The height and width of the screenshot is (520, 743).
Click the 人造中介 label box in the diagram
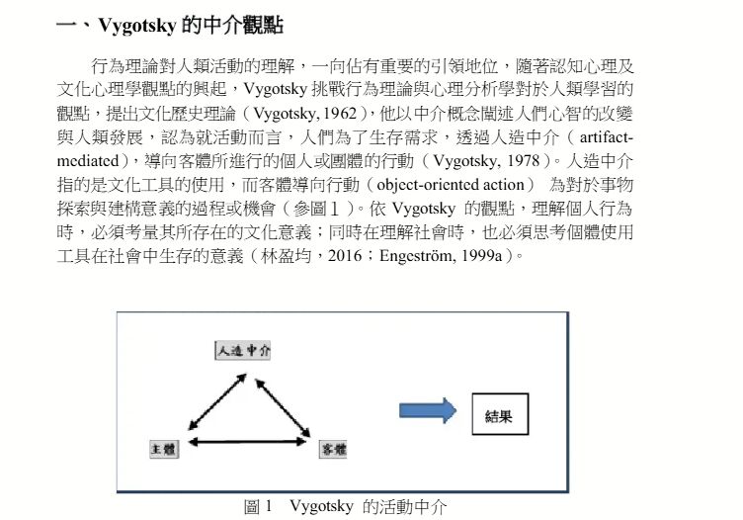click(243, 351)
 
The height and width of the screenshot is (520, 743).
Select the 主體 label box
click(164, 449)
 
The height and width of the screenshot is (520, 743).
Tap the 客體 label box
click(333, 450)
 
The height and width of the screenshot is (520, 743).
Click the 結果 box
click(500, 414)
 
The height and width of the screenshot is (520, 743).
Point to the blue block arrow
click(428, 410)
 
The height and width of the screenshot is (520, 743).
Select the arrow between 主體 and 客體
click(247, 442)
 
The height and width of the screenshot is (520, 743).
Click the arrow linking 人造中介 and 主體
click(217, 401)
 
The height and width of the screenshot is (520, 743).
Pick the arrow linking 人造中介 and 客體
click(283, 406)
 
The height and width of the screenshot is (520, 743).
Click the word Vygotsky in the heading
click(137, 25)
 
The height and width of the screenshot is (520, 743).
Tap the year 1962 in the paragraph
click(340, 114)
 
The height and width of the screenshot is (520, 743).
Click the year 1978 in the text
click(523, 161)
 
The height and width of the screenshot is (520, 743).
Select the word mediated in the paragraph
click(88, 161)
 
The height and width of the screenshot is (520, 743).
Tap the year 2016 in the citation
click(345, 256)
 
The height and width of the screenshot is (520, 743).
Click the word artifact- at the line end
click(607, 137)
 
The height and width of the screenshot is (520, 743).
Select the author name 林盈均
click(286, 256)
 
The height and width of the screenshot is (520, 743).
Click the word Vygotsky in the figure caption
click(321, 506)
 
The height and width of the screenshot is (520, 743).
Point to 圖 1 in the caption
click(258, 507)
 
